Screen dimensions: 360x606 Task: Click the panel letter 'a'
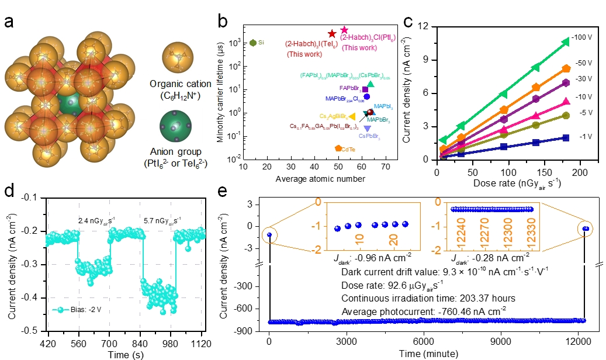(x=10, y=22)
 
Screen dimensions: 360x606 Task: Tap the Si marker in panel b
(x=253, y=43)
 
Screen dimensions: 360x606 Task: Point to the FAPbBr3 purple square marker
(x=365, y=89)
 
